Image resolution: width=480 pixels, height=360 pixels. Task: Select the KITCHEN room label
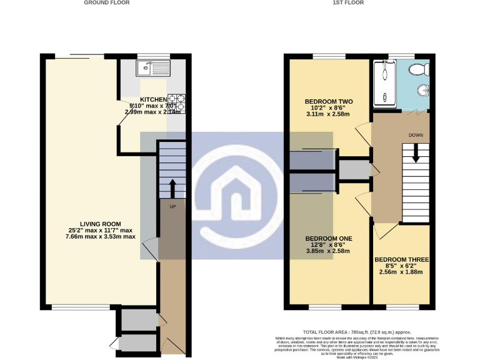click(153, 100)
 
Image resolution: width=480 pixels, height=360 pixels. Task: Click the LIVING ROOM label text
click(100, 224)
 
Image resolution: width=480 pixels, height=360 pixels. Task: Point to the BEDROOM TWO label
click(329, 101)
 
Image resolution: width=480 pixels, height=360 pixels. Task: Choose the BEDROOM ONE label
click(329, 239)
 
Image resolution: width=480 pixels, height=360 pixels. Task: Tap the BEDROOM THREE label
click(400, 259)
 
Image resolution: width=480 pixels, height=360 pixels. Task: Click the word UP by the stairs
click(172, 206)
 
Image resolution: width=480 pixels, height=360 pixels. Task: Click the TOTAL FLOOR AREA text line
click(357, 332)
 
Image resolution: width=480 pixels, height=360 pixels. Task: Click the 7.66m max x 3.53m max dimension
click(100, 237)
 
